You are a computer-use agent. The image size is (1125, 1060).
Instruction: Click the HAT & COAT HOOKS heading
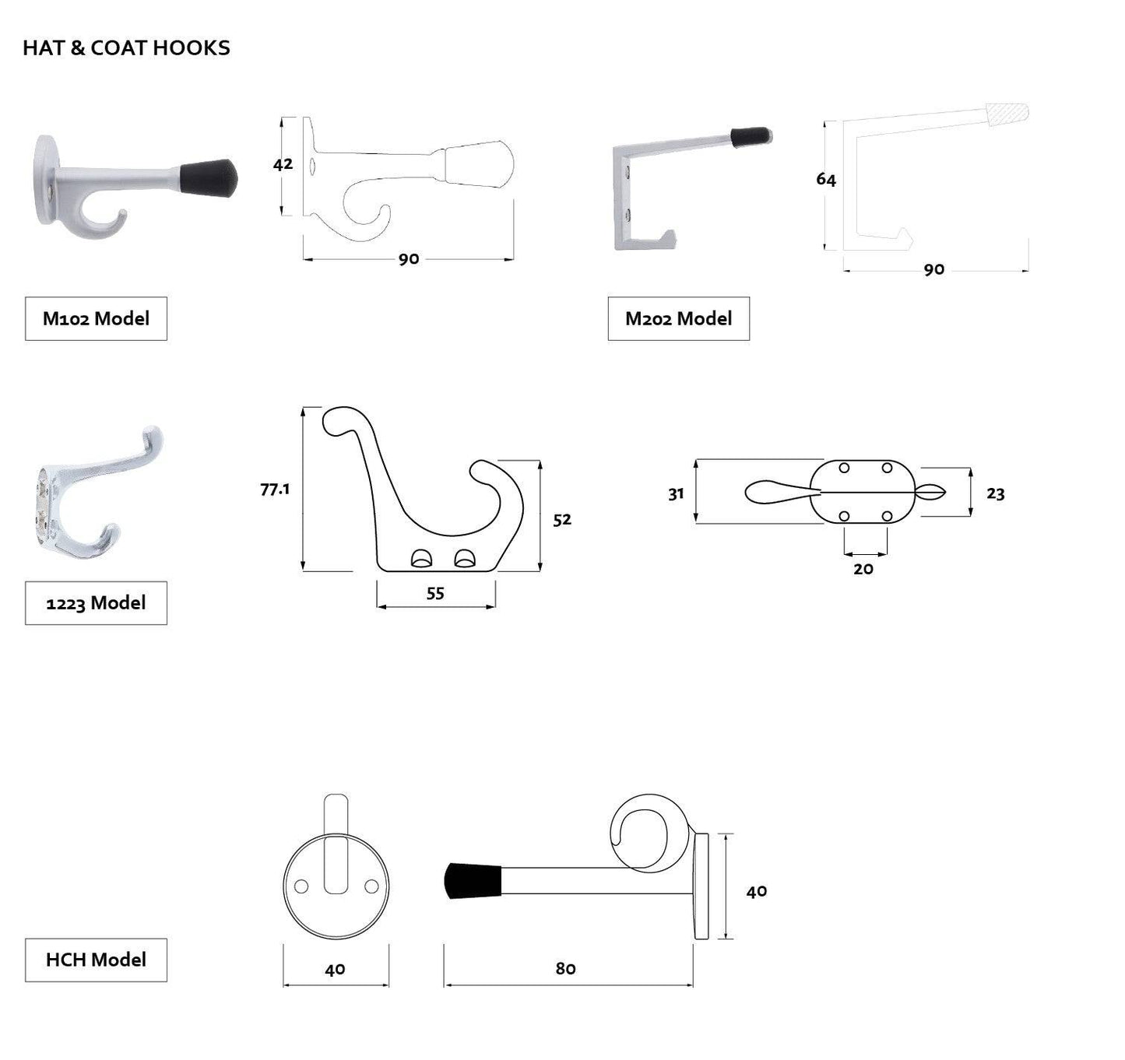coord(126,48)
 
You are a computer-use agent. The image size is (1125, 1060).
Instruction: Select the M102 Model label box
coord(96,318)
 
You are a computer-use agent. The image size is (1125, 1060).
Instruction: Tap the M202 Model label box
coord(678,318)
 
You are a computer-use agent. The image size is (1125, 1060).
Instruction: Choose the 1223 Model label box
coord(96,603)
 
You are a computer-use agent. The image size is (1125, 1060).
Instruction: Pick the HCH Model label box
coord(96,960)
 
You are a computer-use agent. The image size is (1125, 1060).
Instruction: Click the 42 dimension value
coord(283,164)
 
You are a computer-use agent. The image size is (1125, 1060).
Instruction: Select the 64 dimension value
coord(826,180)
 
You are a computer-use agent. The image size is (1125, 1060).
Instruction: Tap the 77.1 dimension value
coord(275,490)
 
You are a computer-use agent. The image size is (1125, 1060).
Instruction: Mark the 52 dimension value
coord(562,520)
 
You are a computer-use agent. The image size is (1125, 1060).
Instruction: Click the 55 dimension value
coord(435,594)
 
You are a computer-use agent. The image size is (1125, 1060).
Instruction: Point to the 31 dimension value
coord(676,493)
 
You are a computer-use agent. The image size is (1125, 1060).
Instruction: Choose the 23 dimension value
coord(995,493)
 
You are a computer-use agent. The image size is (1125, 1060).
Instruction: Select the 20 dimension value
coord(863,569)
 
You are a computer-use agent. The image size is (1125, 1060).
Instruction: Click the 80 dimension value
coord(566,968)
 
